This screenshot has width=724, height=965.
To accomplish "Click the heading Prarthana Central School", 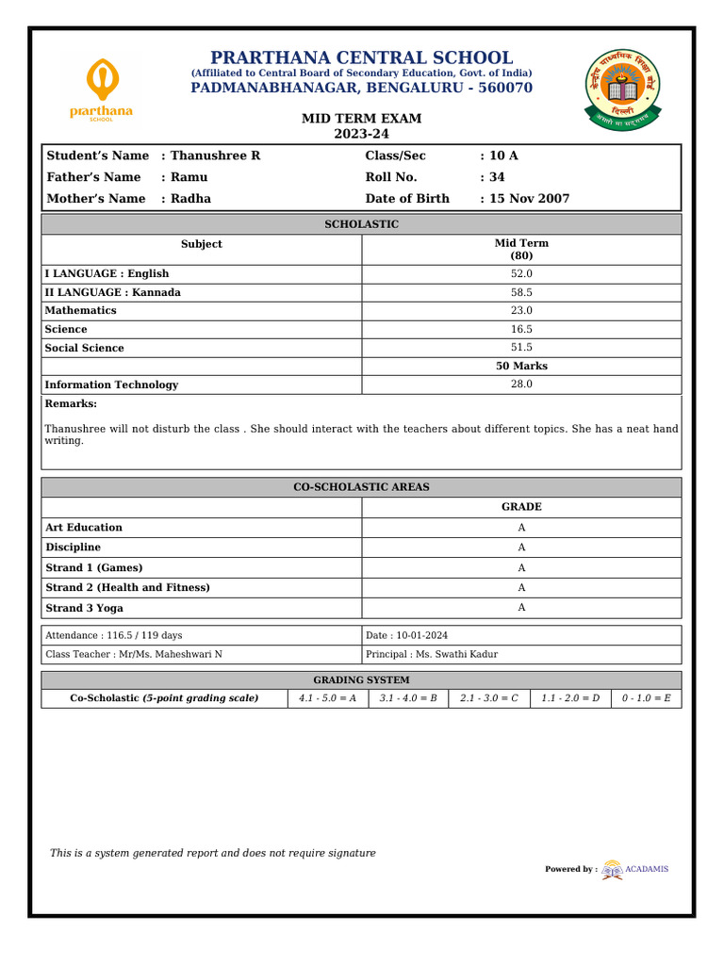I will pos(361,57).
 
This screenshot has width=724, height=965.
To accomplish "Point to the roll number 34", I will pos(498,177).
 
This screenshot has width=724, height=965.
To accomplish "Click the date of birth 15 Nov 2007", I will pos(530,199).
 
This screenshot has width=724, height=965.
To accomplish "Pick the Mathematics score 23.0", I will pos(521,310).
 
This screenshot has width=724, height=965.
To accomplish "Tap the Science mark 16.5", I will pos(521,329).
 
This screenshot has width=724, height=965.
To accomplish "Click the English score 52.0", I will pos(521,273).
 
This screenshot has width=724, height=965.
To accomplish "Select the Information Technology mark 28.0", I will pos(521,384).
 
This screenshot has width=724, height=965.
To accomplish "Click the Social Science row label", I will pos(84,348).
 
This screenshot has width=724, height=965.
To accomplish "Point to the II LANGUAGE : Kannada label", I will pos(112,292).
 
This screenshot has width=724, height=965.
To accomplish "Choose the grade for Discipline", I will pos(521,548).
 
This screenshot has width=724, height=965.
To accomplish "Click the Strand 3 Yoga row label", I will pos(84,609).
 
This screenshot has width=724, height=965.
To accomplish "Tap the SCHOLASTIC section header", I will pos(361,224).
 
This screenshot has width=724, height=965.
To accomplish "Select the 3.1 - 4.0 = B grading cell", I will pos(408,698).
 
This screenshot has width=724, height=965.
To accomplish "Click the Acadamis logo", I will pos(636,869).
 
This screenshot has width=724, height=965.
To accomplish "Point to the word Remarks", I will pos(71,403).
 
